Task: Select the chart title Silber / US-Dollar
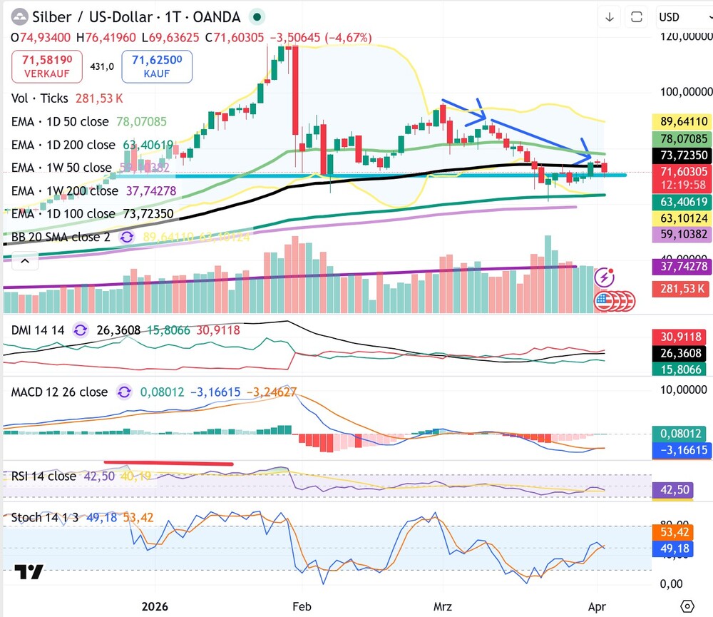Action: pos(93,17)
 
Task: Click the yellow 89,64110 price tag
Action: pos(682,121)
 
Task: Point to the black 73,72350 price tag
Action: pos(682,155)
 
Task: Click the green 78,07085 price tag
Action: pos(682,138)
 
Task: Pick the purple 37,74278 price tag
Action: pos(682,267)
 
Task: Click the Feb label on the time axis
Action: pos(303,606)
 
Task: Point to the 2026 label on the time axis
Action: pos(155,606)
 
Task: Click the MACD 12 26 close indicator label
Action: pos(59,392)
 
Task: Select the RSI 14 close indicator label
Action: pos(43,476)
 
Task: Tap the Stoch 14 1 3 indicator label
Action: pos(45,517)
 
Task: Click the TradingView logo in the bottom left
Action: pos(29,572)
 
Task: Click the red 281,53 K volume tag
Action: pos(682,289)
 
